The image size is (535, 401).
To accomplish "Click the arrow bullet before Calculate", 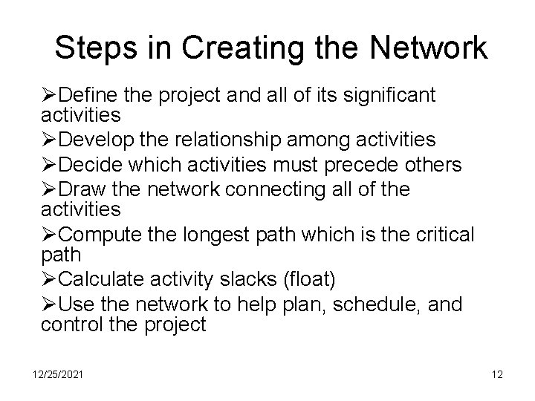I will [x=49, y=280].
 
